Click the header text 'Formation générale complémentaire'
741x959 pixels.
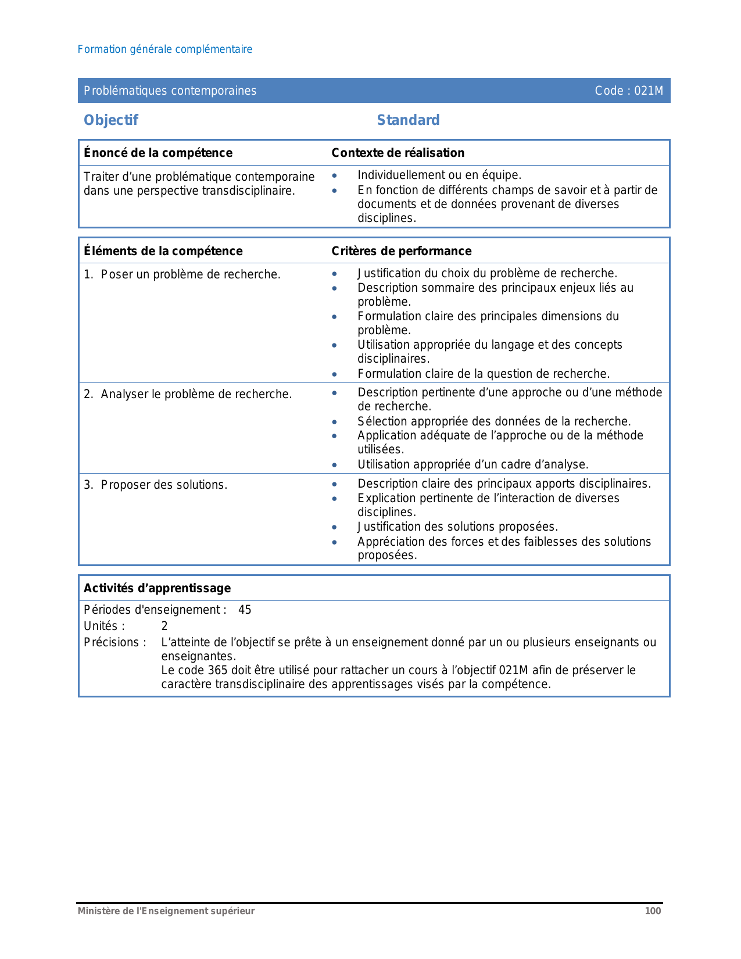pyautogui.click(x=165, y=49)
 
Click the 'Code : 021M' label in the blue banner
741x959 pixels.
pyautogui.click(x=629, y=91)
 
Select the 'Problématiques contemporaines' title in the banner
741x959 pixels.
pyautogui.click(x=170, y=91)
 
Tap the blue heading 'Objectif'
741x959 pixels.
pyautogui.click(x=111, y=120)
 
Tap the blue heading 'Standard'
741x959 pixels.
pyautogui.click(x=408, y=120)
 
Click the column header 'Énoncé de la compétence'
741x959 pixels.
pyautogui.click(x=158, y=153)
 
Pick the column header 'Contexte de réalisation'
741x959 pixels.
pyautogui.click(x=398, y=153)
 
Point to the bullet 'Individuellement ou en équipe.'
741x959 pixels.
pyautogui.click(x=439, y=175)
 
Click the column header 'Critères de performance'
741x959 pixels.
pyautogui.click(x=401, y=251)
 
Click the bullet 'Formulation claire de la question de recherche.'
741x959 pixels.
pyautogui.click(x=484, y=374)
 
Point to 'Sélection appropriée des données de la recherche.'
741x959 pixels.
pyautogui.click(x=494, y=421)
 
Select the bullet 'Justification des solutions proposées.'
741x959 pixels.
pyautogui.click(x=457, y=527)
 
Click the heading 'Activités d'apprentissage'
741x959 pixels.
pyautogui.click(x=157, y=588)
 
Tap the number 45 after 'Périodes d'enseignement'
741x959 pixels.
pyautogui.click(x=245, y=610)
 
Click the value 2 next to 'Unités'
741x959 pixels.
pyautogui.click(x=164, y=626)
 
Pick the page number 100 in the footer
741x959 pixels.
pyautogui.click(x=653, y=911)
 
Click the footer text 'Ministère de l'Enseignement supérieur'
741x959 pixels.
pyautogui.click(x=166, y=911)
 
